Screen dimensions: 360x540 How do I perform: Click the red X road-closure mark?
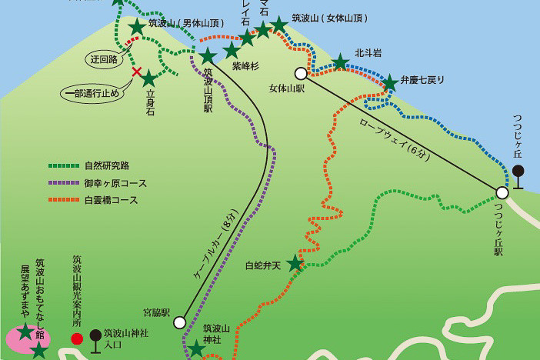pyautogui.click(x=137, y=73)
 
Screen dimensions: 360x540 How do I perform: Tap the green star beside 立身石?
pyautogui.click(x=148, y=78)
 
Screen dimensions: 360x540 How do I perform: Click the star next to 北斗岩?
pyautogui.click(x=340, y=62)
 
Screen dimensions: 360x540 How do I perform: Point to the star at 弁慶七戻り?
pyautogui.click(x=390, y=82)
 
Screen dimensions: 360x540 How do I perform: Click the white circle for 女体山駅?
pyautogui.click(x=300, y=73)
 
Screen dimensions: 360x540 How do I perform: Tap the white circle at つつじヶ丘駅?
pyautogui.click(x=502, y=193)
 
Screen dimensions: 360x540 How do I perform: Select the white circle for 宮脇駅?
pyautogui.click(x=180, y=322)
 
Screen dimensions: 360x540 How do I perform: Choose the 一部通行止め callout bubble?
pyautogui.click(x=91, y=95)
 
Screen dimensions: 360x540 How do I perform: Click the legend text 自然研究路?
pyautogui.click(x=105, y=165)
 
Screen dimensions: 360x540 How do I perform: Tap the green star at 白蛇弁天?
pyautogui.click(x=295, y=264)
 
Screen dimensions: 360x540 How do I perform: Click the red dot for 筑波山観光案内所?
pyautogui.click(x=77, y=338)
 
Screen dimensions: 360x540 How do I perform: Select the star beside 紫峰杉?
pyautogui.click(x=231, y=51)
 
